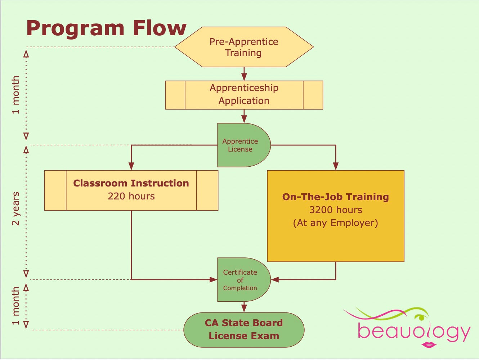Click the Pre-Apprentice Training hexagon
click(244, 47)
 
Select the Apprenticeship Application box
click(244, 95)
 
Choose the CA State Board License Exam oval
click(244, 330)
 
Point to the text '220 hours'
click(131, 196)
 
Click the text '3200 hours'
click(336, 210)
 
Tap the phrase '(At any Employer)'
click(336, 223)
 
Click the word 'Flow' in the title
click(159, 28)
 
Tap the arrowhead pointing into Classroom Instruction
click(131, 166)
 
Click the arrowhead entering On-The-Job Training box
click(336, 166)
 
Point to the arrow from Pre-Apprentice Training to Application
click(244, 74)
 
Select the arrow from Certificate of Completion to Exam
click(244, 307)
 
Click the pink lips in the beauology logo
click(429, 345)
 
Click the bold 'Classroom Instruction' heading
click(131, 183)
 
